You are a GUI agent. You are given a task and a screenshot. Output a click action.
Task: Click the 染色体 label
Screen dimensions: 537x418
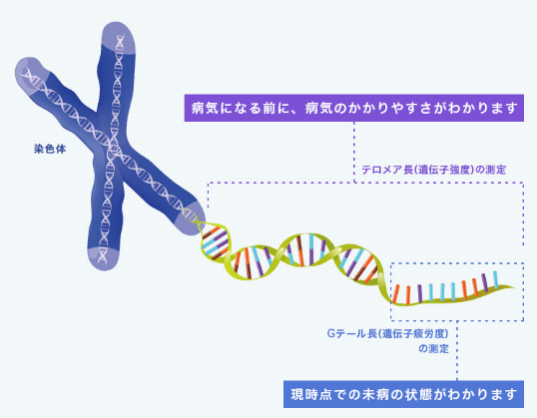coord(50,149)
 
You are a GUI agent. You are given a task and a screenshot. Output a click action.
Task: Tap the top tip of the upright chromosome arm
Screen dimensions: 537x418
coord(117,23)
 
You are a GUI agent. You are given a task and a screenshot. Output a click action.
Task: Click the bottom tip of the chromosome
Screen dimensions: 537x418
coord(104,269)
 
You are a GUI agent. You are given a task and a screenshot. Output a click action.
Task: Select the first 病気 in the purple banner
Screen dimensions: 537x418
coord(205,108)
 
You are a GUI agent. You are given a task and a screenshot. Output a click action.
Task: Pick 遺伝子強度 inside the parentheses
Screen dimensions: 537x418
coord(445,170)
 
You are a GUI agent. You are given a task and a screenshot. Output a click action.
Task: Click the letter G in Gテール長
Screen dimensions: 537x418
coord(330,333)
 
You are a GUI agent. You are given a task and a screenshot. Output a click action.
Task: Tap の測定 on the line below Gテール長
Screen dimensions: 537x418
coord(433,349)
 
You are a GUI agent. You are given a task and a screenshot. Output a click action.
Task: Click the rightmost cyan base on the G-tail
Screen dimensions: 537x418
coord(495,280)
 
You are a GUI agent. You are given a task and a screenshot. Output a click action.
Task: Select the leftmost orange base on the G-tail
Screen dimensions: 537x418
coord(395,293)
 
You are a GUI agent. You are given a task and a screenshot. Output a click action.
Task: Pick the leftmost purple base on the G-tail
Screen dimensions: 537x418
coord(420,293)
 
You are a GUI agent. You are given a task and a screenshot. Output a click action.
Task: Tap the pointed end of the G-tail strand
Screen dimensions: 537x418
coord(516,287)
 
